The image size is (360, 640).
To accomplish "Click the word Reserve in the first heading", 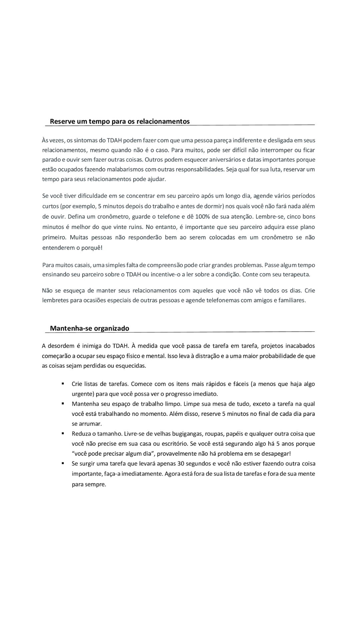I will pyautogui.click(x=62, y=121).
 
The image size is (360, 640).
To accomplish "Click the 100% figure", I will pyautogui.click(x=202, y=217).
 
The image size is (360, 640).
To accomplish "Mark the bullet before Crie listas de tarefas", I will pyautogui.click(x=63, y=384).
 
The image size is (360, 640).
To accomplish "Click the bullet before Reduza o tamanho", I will pyautogui.click(x=63, y=434).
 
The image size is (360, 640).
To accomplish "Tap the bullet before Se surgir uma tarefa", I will pyautogui.click(x=63, y=463).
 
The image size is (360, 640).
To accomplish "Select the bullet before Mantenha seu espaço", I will pyautogui.click(x=63, y=404).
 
